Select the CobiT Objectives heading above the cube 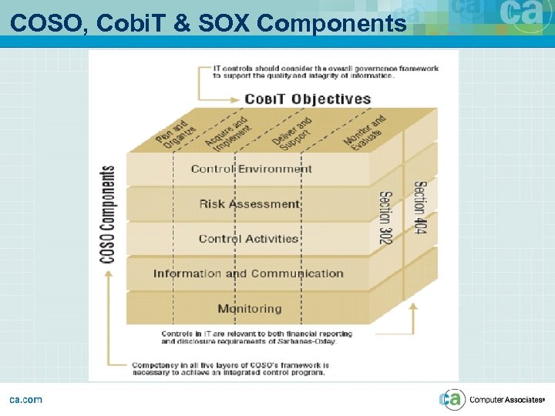click(x=308, y=99)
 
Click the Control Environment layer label click(x=251, y=169)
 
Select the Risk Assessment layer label click(x=249, y=204)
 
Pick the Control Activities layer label click(x=248, y=239)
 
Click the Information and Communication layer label click(x=248, y=273)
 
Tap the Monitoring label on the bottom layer click(x=249, y=309)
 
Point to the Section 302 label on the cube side click(x=385, y=218)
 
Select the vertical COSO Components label click(x=108, y=214)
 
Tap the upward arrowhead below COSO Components click(x=108, y=273)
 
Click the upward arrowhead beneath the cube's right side click(x=413, y=307)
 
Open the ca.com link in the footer click(x=25, y=399)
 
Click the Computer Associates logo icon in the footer click(x=452, y=399)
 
